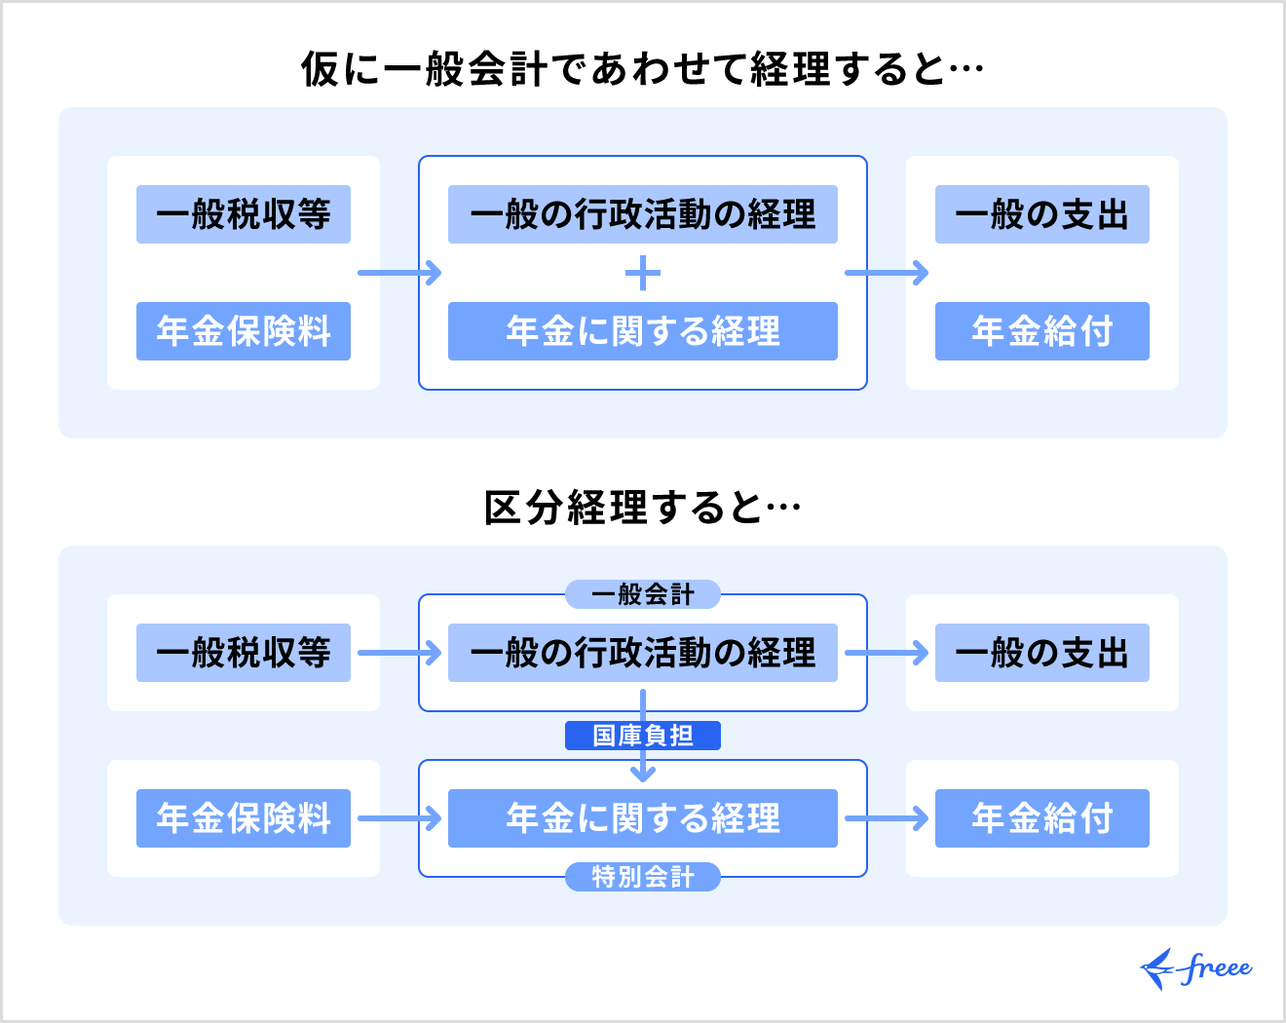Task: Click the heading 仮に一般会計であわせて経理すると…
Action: coord(642,69)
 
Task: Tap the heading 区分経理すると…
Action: coord(642,508)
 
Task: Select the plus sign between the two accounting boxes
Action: coord(643,273)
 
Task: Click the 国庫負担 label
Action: coord(643,736)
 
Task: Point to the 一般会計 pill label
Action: coord(643,594)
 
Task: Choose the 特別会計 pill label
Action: coord(643,877)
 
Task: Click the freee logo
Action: coord(1196,968)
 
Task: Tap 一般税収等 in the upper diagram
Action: coord(244,214)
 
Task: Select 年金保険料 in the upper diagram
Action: coord(244,331)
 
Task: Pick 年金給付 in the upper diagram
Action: coord(1042,331)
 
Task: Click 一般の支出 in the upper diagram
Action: coord(1042,214)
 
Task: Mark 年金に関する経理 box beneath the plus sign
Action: coord(643,331)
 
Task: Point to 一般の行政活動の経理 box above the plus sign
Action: coord(643,214)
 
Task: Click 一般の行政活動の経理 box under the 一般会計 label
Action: coord(643,653)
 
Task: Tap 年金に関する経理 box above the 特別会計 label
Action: coord(643,818)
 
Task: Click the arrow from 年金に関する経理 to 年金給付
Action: coord(887,818)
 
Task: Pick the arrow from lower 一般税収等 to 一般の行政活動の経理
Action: coord(399,653)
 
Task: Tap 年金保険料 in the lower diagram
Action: coord(244,818)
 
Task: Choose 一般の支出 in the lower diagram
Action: coord(1042,653)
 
